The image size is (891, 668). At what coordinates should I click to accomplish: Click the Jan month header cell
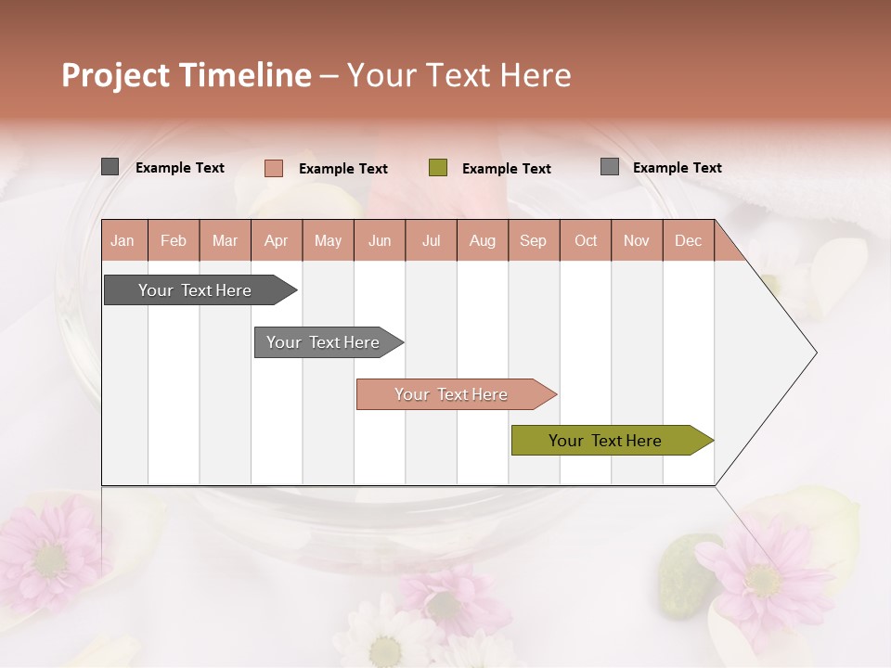123,240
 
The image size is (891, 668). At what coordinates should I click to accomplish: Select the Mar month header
225,240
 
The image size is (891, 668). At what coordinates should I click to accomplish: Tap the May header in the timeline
328,240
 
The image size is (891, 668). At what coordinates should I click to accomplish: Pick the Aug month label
482,240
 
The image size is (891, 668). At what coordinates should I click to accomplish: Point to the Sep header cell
533,240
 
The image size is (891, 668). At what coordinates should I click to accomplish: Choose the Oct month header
586,240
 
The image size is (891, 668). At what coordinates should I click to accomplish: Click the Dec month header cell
688,240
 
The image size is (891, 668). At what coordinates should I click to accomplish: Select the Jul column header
431,240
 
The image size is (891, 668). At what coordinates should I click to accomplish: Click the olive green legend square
438,168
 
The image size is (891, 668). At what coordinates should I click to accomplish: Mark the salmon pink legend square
274,168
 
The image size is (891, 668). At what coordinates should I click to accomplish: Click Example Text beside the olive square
506,169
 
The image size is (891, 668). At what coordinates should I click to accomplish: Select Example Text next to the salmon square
342,169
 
